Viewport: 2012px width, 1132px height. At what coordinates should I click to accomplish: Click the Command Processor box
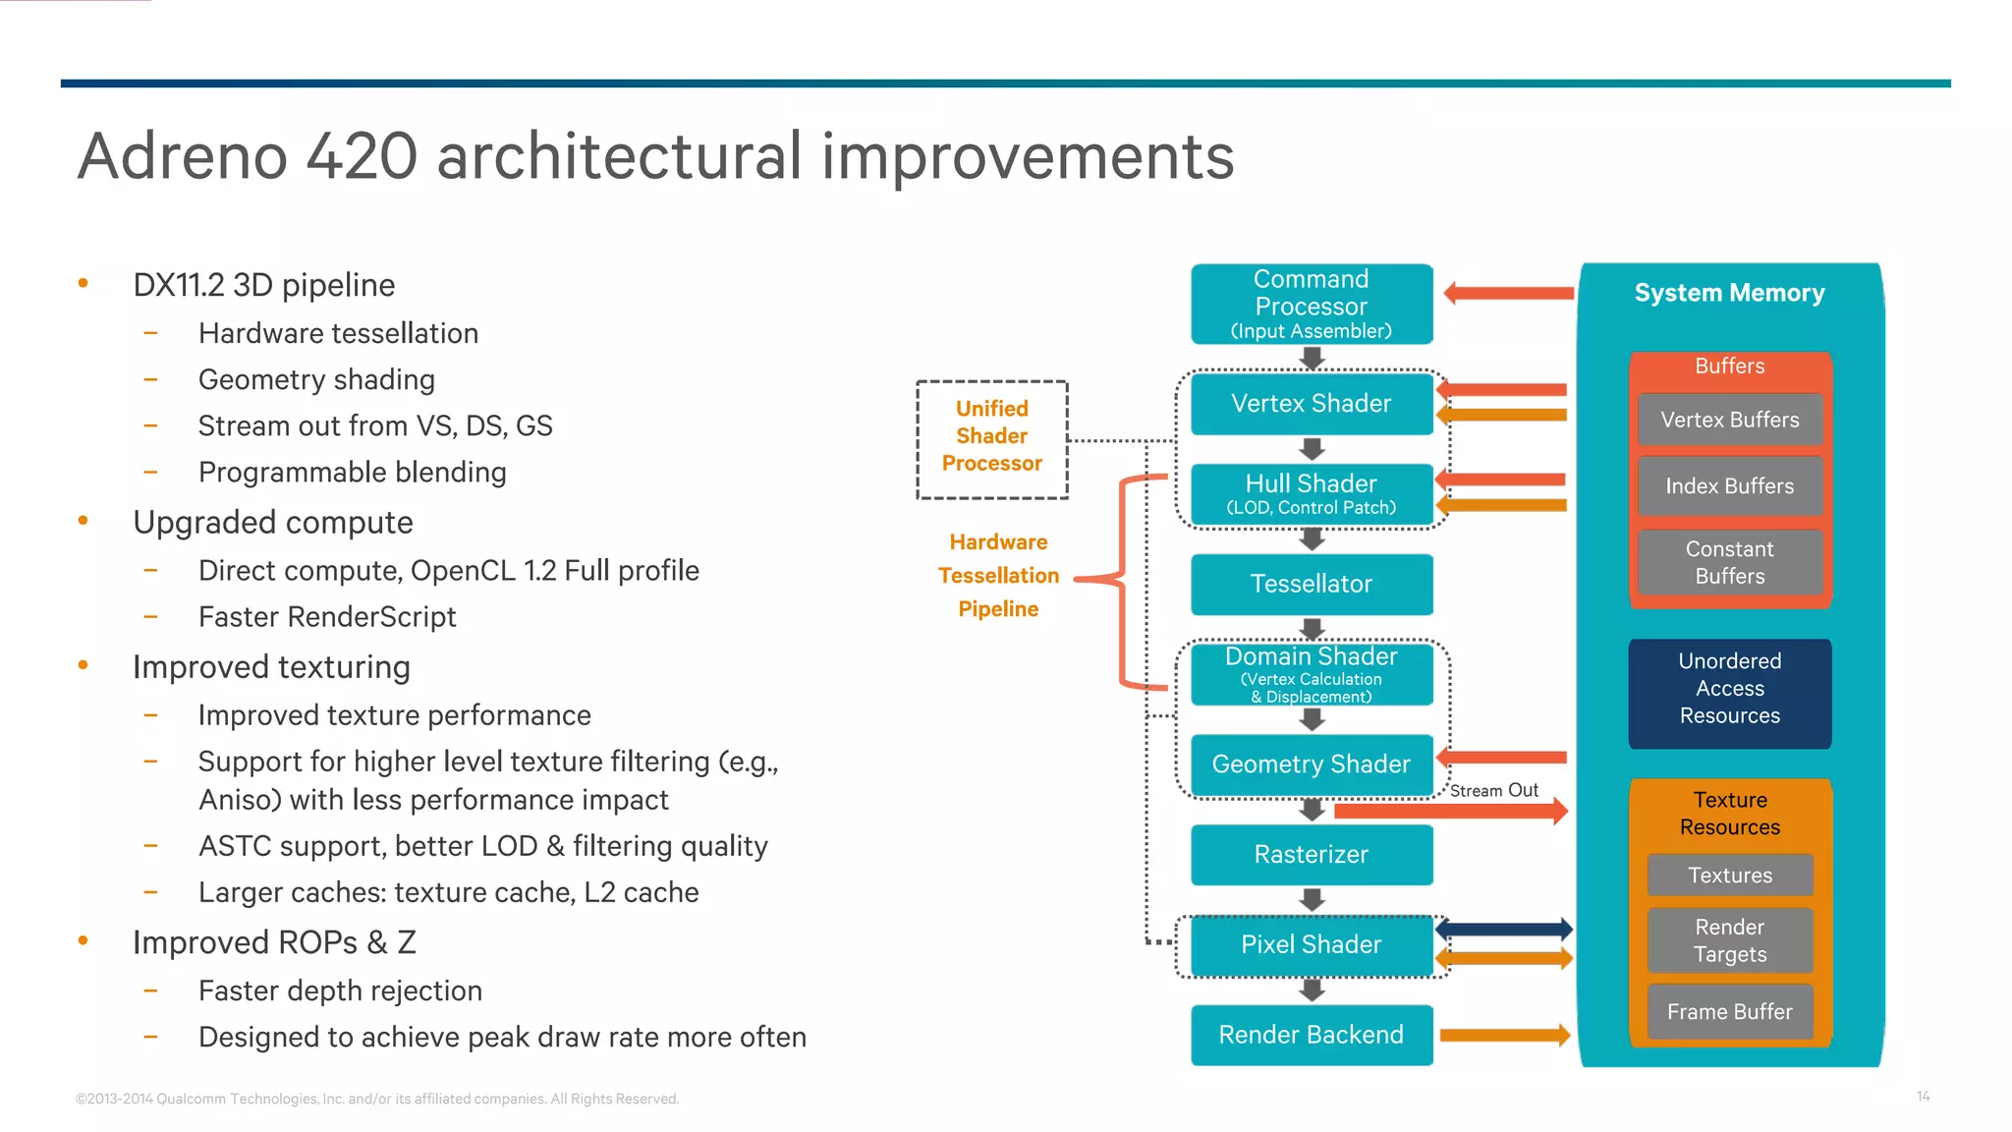pyautogui.click(x=1311, y=304)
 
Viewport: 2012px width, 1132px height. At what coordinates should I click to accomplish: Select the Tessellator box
pyautogui.click(x=1311, y=584)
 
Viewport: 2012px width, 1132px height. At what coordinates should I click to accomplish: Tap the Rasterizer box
pyautogui.click(x=1311, y=854)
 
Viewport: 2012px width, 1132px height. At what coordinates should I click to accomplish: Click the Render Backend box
pyautogui.click(x=1311, y=1035)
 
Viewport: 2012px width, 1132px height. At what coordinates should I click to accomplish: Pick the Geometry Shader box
pyautogui.click(x=1311, y=764)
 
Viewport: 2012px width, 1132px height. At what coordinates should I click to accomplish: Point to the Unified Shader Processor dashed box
pyautogui.click(x=991, y=437)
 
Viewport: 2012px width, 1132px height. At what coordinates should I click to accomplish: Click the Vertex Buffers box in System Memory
pyautogui.click(x=1729, y=420)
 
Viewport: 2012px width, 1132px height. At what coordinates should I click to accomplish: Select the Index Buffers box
pyautogui.click(x=1729, y=486)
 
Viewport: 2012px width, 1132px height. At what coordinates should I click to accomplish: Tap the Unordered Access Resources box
pyautogui.click(x=1729, y=689)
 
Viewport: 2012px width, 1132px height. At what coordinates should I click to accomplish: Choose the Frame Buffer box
pyautogui.click(x=1729, y=1011)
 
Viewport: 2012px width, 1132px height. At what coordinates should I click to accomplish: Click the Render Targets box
pyautogui.click(x=1729, y=940)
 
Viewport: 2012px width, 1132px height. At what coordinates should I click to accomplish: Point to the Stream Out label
pyautogui.click(x=1493, y=790)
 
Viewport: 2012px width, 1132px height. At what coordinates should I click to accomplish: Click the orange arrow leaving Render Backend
pyautogui.click(x=1503, y=1035)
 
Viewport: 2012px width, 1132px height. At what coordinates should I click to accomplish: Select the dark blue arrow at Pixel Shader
pyautogui.click(x=1503, y=929)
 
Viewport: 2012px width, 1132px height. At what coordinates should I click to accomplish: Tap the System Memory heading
pyautogui.click(x=1729, y=293)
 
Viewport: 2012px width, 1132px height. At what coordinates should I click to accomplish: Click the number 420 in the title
pyautogui.click(x=362, y=157)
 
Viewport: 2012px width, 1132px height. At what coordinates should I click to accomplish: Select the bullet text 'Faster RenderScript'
pyautogui.click(x=327, y=617)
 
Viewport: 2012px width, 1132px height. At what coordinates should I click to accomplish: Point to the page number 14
pyautogui.click(x=1923, y=1096)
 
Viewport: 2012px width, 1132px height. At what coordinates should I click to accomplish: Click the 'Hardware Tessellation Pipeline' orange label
pyautogui.click(x=998, y=576)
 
